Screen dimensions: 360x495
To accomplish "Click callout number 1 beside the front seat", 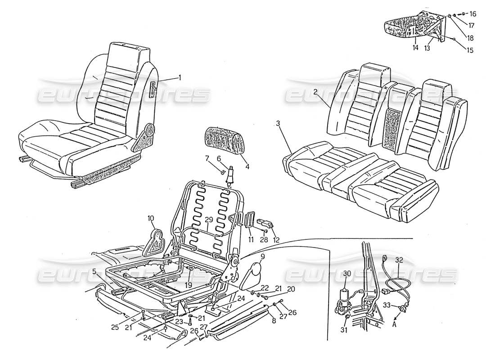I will (x=180, y=77).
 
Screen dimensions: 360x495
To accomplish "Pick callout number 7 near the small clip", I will (x=207, y=158).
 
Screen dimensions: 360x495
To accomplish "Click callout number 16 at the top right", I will (x=472, y=13).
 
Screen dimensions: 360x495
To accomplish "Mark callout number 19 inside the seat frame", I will (x=188, y=285).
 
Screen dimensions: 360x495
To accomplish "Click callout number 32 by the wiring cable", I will (x=399, y=260).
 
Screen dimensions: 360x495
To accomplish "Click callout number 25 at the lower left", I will (x=115, y=327).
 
